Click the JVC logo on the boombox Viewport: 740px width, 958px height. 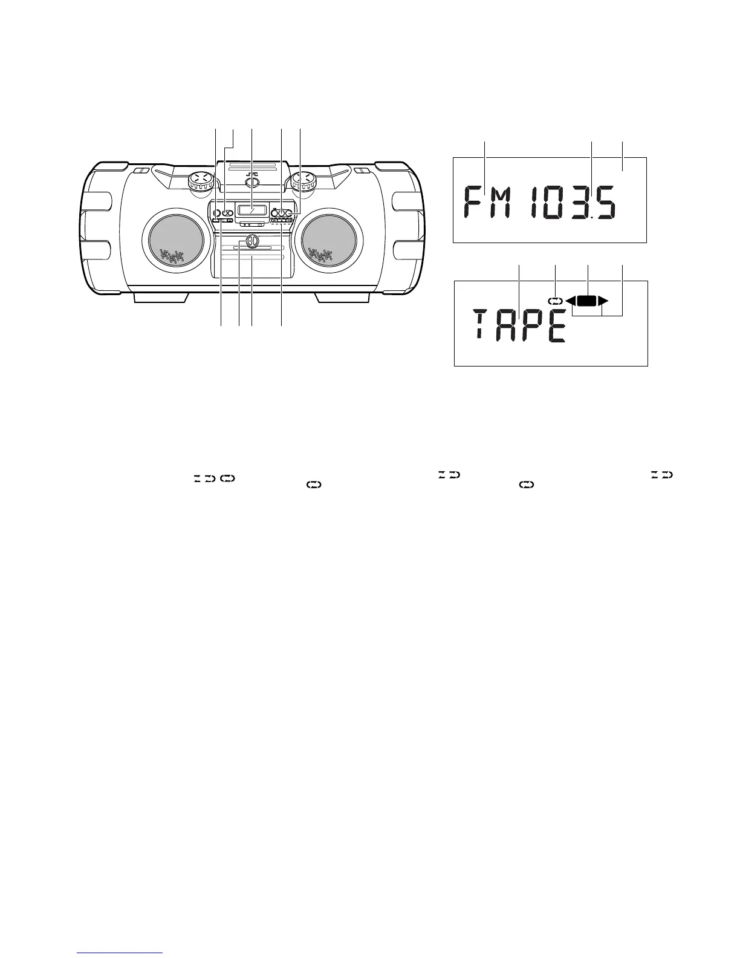click(x=252, y=175)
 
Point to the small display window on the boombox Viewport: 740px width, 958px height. click(x=252, y=210)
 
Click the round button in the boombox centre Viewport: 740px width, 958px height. click(x=252, y=241)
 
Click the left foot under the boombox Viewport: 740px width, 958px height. click(x=161, y=298)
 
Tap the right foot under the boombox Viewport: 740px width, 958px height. click(x=343, y=298)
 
